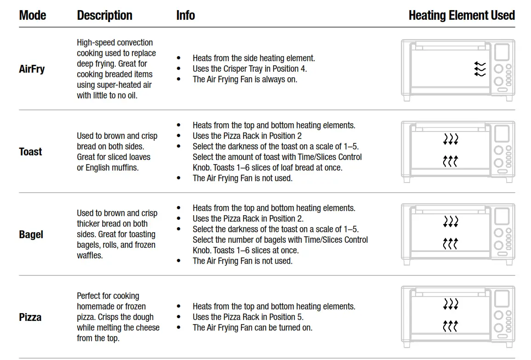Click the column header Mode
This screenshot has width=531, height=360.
click(x=33, y=15)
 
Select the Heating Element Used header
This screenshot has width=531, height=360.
click(x=461, y=15)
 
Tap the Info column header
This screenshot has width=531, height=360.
click(x=185, y=15)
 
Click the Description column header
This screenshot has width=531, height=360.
click(x=104, y=15)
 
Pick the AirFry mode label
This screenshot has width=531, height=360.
click(x=32, y=69)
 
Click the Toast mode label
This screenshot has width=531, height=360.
click(x=30, y=152)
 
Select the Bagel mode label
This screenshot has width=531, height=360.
click(x=31, y=234)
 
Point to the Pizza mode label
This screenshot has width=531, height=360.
click(x=30, y=317)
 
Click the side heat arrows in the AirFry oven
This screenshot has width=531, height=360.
click(x=480, y=69)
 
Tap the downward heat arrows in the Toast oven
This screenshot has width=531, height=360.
click(x=451, y=139)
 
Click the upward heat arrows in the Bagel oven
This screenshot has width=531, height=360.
click(x=451, y=244)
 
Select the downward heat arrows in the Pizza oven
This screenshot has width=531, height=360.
click(x=451, y=304)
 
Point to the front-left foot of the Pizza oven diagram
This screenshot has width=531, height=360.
click(x=406, y=344)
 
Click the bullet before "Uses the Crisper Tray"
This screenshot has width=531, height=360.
click(x=179, y=69)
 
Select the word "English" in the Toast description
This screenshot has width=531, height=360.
click(x=99, y=167)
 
